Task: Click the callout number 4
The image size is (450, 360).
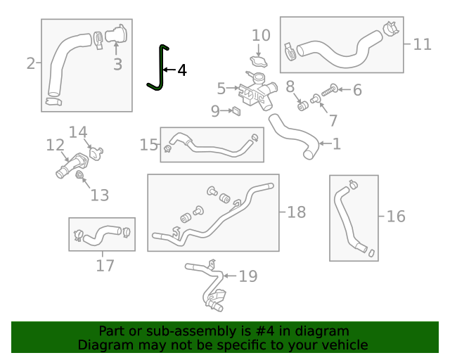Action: [181, 70]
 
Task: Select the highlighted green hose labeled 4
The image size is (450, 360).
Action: [161, 70]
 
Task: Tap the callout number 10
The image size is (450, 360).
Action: [261, 35]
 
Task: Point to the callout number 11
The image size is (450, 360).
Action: [422, 44]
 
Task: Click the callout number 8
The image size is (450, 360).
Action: [290, 86]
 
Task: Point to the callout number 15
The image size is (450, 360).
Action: [148, 145]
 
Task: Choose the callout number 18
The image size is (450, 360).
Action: [297, 212]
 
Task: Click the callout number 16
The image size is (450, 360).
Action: [396, 216]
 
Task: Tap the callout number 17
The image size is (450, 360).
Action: [105, 265]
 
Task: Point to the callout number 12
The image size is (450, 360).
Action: [55, 146]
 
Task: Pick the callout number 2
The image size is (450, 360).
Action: [30, 64]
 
